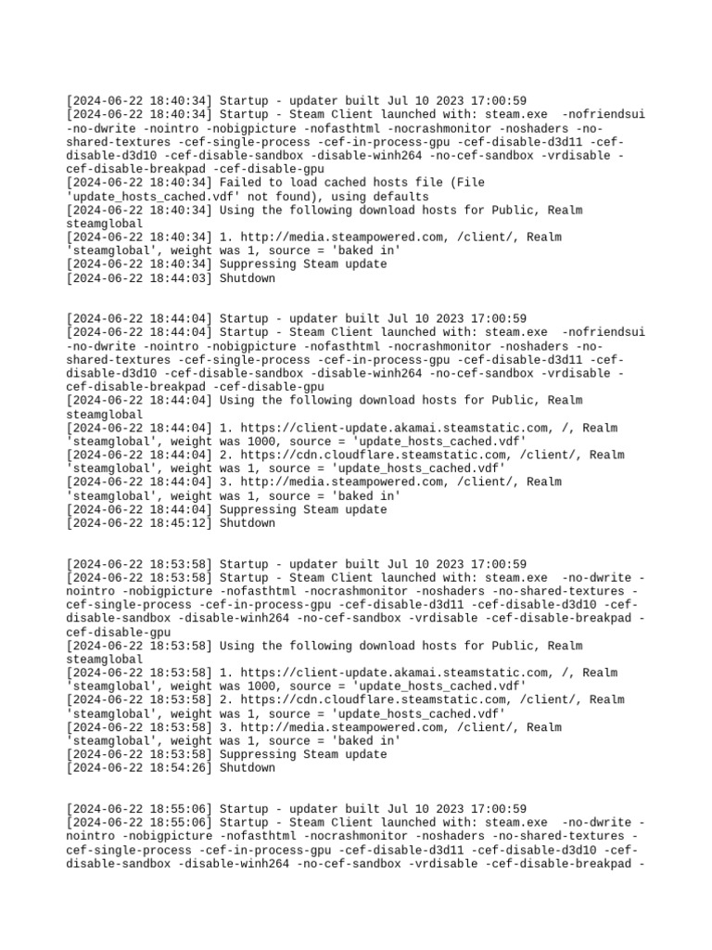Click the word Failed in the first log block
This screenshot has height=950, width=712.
[242, 183]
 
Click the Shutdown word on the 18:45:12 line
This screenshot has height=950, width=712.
[248, 523]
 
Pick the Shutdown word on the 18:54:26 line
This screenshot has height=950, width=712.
[248, 768]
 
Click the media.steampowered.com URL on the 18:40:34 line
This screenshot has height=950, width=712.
[345, 237]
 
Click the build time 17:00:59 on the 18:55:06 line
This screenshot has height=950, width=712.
[498, 809]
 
